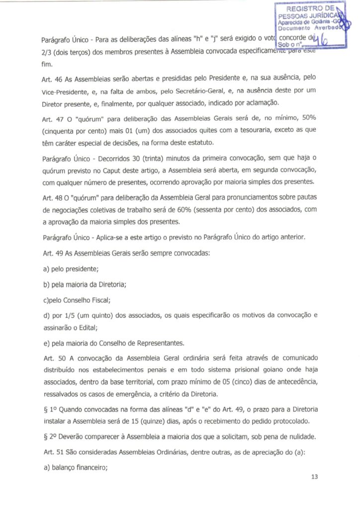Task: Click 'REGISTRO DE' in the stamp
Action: pos(311,9)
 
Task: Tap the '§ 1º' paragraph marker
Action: pos(48,409)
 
